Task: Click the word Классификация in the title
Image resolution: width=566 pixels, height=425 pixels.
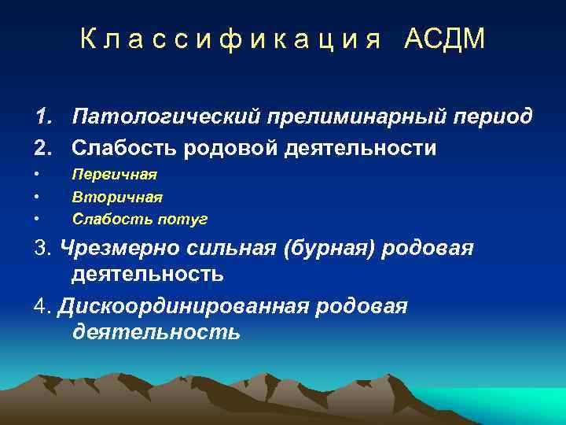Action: (230, 39)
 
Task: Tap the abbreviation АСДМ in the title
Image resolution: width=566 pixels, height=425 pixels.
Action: (445, 39)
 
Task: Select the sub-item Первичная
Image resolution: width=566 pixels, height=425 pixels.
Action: (115, 175)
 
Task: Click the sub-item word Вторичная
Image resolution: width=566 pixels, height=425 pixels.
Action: (117, 197)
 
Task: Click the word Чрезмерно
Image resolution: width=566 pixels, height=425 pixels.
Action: (119, 249)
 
